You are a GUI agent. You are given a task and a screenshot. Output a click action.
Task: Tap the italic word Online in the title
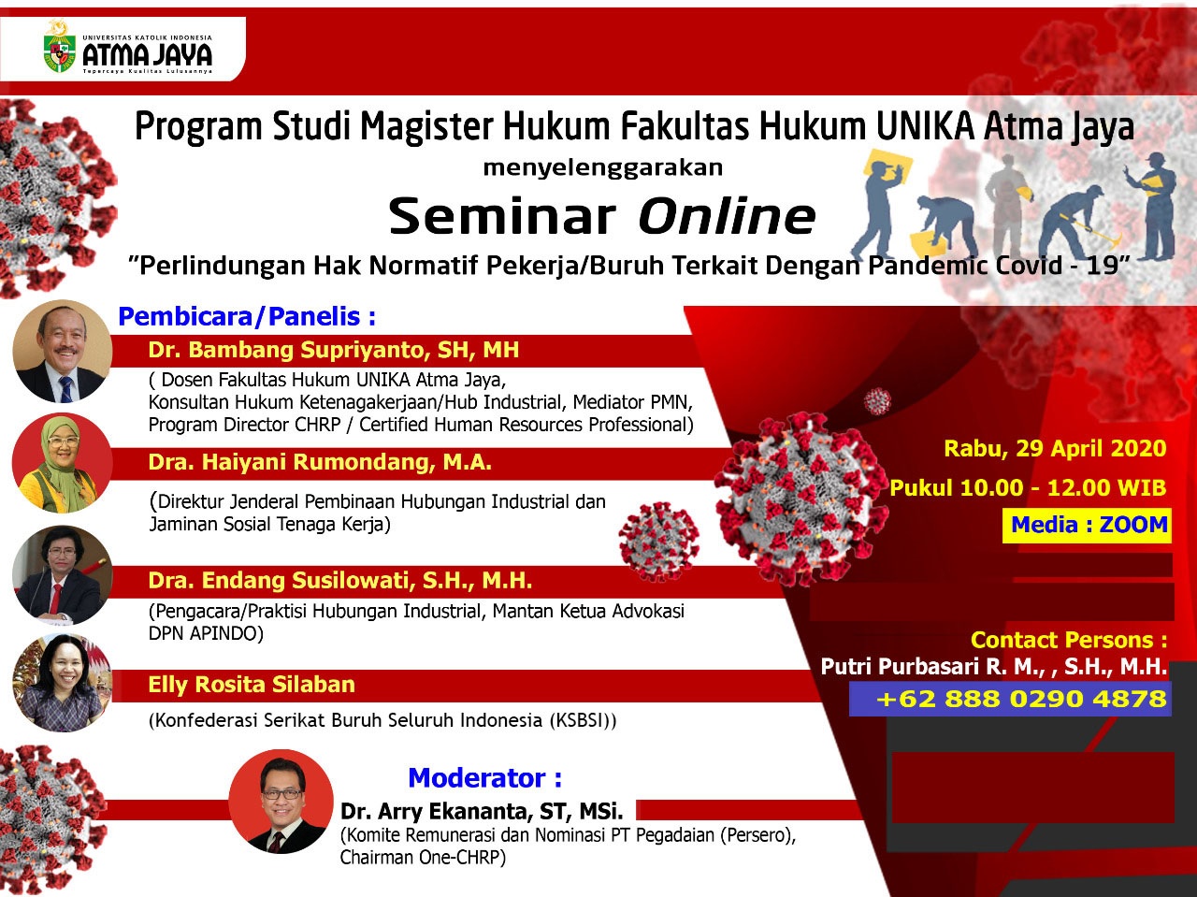click(x=727, y=216)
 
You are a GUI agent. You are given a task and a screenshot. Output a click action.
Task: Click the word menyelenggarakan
click(x=602, y=167)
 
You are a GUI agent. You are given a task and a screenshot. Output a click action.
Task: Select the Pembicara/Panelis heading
click(x=247, y=316)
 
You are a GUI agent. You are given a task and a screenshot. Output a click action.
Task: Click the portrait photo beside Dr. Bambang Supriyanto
click(x=62, y=351)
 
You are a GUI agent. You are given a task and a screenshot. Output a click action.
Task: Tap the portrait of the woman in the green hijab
click(x=62, y=463)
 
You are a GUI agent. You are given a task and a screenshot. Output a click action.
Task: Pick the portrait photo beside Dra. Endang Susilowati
click(x=62, y=574)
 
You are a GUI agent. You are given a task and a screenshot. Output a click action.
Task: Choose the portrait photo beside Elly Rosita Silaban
click(x=62, y=682)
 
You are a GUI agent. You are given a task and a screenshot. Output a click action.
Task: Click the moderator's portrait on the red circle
click(x=281, y=802)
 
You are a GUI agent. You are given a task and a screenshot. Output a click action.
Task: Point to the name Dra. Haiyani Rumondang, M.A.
click(x=320, y=462)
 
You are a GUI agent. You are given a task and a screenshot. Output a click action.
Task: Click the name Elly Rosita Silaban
click(x=252, y=685)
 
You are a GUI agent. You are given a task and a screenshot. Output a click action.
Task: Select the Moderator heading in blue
click(x=484, y=777)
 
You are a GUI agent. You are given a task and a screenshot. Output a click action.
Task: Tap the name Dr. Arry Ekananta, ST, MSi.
click(x=482, y=811)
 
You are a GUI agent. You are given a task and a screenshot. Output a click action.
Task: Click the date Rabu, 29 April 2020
click(x=1055, y=448)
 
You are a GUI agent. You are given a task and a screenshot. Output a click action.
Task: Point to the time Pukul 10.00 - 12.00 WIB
click(x=1028, y=487)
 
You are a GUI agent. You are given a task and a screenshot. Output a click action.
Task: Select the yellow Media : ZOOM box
click(x=1087, y=525)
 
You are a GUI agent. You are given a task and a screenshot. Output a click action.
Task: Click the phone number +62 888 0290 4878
click(x=1021, y=699)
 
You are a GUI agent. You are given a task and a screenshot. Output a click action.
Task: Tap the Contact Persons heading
click(x=1069, y=640)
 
